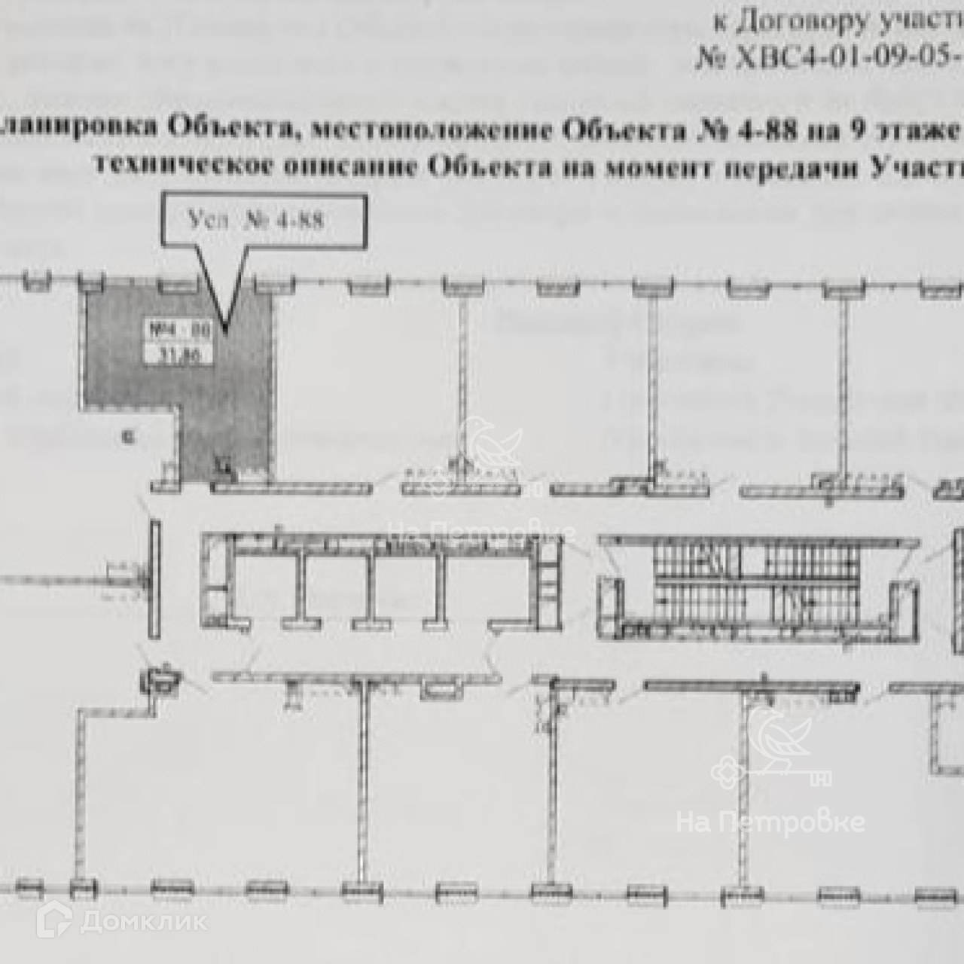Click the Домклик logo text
coord(143,920)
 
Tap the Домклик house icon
coord(54,920)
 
